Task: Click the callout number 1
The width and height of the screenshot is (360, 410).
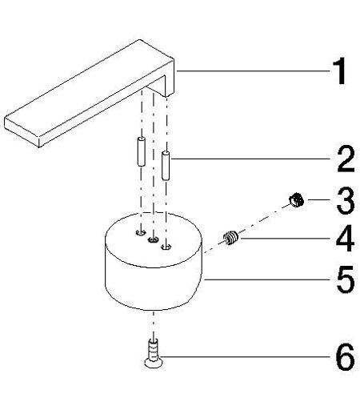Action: (x=339, y=71)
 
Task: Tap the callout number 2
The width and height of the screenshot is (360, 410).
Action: (x=346, y=159)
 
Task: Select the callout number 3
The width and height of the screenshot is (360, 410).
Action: (x=346, y=200)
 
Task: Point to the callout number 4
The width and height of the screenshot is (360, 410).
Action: (x=345, y=239)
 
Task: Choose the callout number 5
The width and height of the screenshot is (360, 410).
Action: (x=346, y=279)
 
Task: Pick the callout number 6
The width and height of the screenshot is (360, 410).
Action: (x=346, y=357)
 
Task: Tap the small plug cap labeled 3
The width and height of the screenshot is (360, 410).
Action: (x=296, y=200)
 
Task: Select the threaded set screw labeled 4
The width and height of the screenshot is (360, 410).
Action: (x=230, y=237)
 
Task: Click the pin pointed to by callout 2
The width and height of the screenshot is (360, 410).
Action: (x=166, y=165)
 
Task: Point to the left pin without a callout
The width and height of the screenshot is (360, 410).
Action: (x=141, y=151)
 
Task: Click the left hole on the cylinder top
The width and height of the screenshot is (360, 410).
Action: (x=140, y=232)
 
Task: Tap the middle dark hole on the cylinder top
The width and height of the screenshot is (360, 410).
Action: (x=153, y=239)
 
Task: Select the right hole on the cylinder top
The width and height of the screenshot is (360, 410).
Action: (x=166, y=247)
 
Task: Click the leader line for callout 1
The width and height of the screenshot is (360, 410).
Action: (x=253, y=71)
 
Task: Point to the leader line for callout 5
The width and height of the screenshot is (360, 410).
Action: (x=267, y=279)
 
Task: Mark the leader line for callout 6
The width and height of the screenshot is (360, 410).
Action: (x=245, y=356)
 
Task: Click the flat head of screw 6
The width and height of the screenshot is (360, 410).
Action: (x=154, y=364)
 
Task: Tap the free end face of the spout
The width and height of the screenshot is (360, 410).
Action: (x=22, y=132)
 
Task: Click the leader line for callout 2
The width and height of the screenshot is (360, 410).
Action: (x=251, y=159)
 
